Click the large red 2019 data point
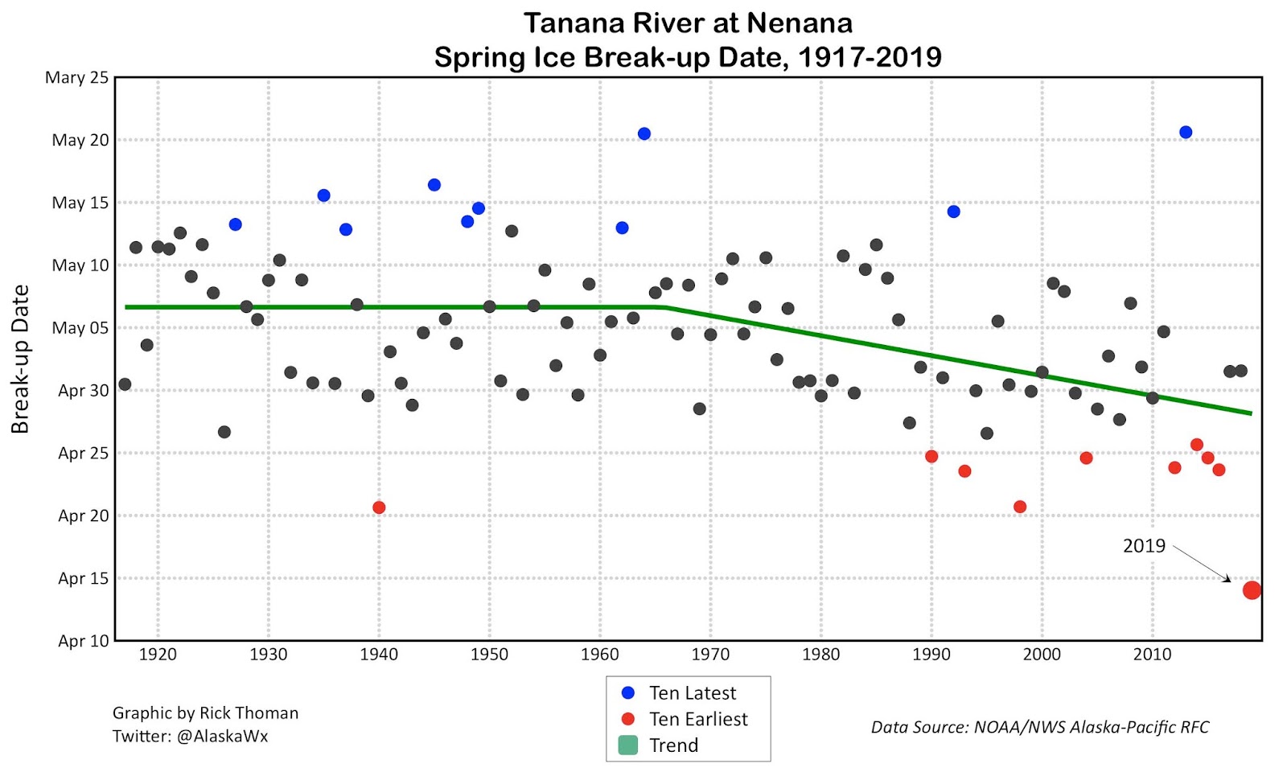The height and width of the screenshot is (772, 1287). tap(1252, 590)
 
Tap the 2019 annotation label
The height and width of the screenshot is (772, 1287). tap(1144, 546)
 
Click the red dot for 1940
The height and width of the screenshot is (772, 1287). tap(379, 507)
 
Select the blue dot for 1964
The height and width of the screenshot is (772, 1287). tap(644, 133)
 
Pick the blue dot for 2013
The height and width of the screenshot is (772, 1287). tap(1186, 132)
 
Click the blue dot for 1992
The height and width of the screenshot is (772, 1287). tap(953, 211)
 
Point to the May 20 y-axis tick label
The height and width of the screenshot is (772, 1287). tap(80, 140)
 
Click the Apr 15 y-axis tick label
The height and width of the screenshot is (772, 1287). tap(83, 578)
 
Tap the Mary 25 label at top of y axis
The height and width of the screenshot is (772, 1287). tap(76, 77)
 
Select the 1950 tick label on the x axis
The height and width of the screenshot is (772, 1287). tap(489, 655)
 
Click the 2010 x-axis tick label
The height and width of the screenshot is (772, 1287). tap(1152, 655)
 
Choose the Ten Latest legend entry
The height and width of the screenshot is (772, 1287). tap(692, 693)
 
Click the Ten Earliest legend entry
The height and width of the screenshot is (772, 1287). tap(698, 719)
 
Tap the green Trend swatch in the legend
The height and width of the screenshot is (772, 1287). tap(628, 745)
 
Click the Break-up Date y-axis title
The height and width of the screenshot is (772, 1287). tap(20, 359)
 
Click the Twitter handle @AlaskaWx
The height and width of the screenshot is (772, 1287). tap(222, 736)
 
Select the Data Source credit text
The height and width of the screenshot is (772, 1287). tap(1039, 727)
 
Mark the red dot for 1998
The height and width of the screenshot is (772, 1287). tap(1020, 507)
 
